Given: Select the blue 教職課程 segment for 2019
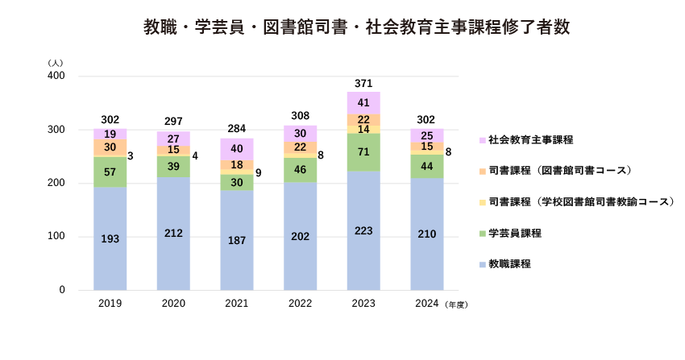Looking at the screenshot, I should (x=110, y=238).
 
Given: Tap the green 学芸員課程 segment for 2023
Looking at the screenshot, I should (x=363, y=152).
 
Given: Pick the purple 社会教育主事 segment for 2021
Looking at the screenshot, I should (x=237, y=149).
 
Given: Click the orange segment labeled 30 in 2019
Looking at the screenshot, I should (x=110, y=147).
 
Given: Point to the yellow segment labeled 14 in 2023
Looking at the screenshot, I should (x=363, y=129).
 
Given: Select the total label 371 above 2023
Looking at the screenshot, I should (x=363, y=84).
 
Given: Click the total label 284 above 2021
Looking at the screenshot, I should (x=237, y=129).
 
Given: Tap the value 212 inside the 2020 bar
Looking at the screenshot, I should (x=173, y=234).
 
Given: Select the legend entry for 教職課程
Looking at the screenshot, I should (x=509, y=264).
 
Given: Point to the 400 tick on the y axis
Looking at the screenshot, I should (x=56, y=76).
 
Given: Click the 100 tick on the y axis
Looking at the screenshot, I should (x=56, y=237).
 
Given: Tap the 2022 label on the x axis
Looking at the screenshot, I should (x=300, y=304).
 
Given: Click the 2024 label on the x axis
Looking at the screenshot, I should (x=426, y=304).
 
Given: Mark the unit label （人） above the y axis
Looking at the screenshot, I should (x=55, y=62).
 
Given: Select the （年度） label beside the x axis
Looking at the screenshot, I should (x=456, y=305).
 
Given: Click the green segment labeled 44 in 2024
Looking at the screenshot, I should (x=427, y=166).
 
